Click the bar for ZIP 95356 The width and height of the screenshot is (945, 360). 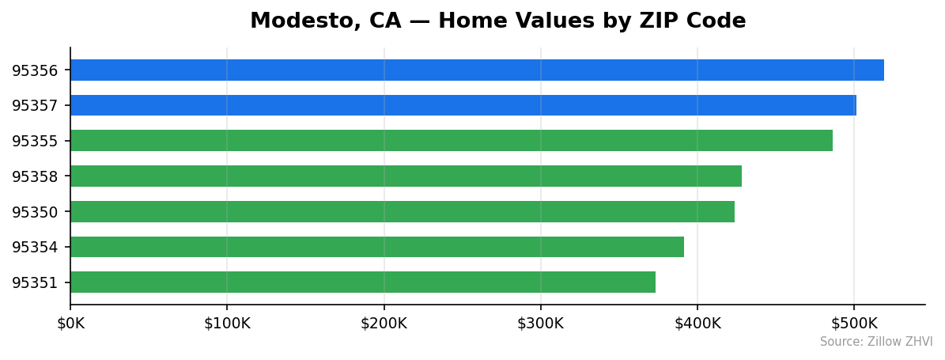477,70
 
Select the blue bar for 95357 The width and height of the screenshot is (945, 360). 463,105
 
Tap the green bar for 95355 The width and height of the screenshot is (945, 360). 452,141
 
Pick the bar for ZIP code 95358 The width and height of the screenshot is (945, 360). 406,176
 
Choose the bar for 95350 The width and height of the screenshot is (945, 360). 403,211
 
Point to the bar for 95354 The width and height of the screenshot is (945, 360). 377,247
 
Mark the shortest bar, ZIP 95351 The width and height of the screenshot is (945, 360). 363,282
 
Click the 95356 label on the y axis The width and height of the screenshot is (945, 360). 35,70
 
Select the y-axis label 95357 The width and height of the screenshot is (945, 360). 35,106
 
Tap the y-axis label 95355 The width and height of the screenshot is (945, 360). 35,142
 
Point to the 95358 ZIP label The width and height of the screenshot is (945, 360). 35,176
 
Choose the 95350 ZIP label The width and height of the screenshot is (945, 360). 35,212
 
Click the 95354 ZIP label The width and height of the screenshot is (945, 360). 35,248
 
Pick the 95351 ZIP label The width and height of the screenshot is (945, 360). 35,282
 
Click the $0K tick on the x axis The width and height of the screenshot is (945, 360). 70,324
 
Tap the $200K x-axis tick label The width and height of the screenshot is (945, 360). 384,324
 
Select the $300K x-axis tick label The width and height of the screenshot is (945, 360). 540,324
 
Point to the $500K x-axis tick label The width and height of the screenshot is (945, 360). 854,324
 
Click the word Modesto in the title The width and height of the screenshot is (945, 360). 297,21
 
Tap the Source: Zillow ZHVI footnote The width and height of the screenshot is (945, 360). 875,342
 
